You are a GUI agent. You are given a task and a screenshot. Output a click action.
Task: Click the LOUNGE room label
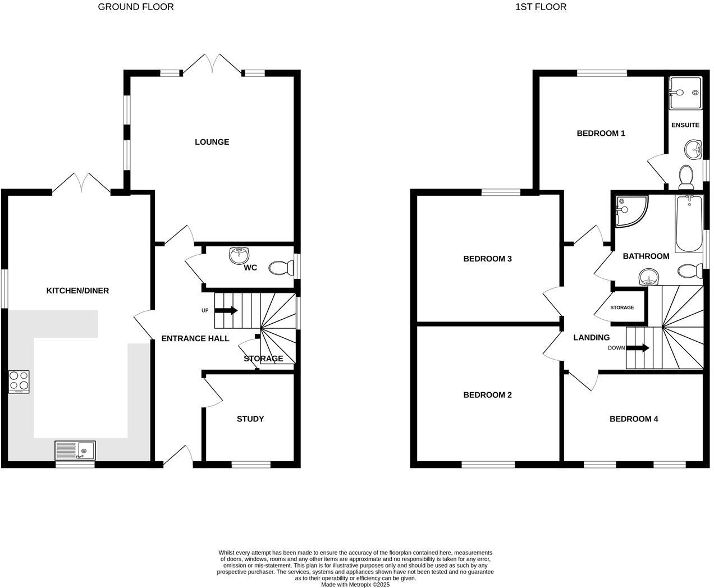212,142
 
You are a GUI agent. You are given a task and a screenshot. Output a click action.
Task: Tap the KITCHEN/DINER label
77,291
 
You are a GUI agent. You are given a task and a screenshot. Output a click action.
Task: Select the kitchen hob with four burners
19,382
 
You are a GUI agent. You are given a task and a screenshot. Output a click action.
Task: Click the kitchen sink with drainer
75,451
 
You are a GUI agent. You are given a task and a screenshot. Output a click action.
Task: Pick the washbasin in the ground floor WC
240,255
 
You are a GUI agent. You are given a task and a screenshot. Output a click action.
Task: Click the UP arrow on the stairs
226,310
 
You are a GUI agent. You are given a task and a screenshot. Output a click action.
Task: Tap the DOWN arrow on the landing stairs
638,348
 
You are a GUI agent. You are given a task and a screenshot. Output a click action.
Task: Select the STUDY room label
250,419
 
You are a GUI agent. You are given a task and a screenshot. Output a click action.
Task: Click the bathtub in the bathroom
689,224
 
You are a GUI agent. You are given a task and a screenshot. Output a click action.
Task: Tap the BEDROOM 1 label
601,134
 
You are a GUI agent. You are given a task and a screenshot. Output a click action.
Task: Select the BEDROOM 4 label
634,419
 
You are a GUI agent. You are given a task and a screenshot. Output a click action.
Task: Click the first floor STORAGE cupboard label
622,307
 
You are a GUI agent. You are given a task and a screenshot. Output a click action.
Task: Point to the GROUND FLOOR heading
136,7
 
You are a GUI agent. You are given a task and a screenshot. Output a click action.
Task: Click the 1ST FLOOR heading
541,7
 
